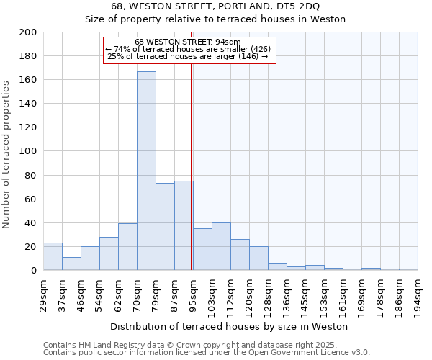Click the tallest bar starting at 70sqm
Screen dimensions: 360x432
(x=146, y=171)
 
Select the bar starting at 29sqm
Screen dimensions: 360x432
(x=53, y=256)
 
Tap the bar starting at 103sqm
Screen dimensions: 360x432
(x=221, y=247)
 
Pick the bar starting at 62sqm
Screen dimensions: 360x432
(x=127, y=247)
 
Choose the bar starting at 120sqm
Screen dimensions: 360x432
(x=258, y=258)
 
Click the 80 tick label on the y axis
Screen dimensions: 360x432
(x=31, y=175)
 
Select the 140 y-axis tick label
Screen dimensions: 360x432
(x=28, y=104)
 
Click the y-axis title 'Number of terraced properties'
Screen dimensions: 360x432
(x=7, y=154)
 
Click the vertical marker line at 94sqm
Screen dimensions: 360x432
(x=191, y=180)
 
